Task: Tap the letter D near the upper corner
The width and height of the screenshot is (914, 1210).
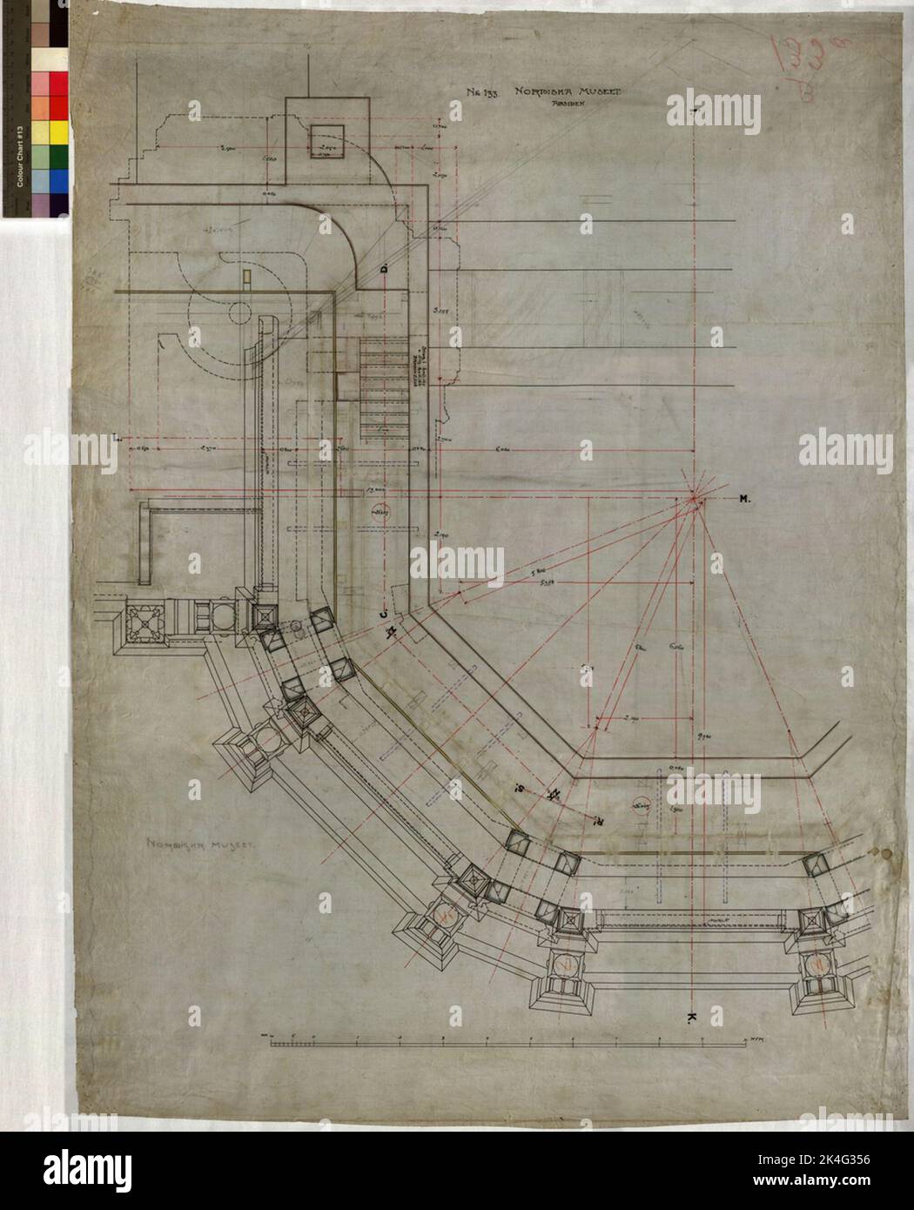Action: tap(384, 272)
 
